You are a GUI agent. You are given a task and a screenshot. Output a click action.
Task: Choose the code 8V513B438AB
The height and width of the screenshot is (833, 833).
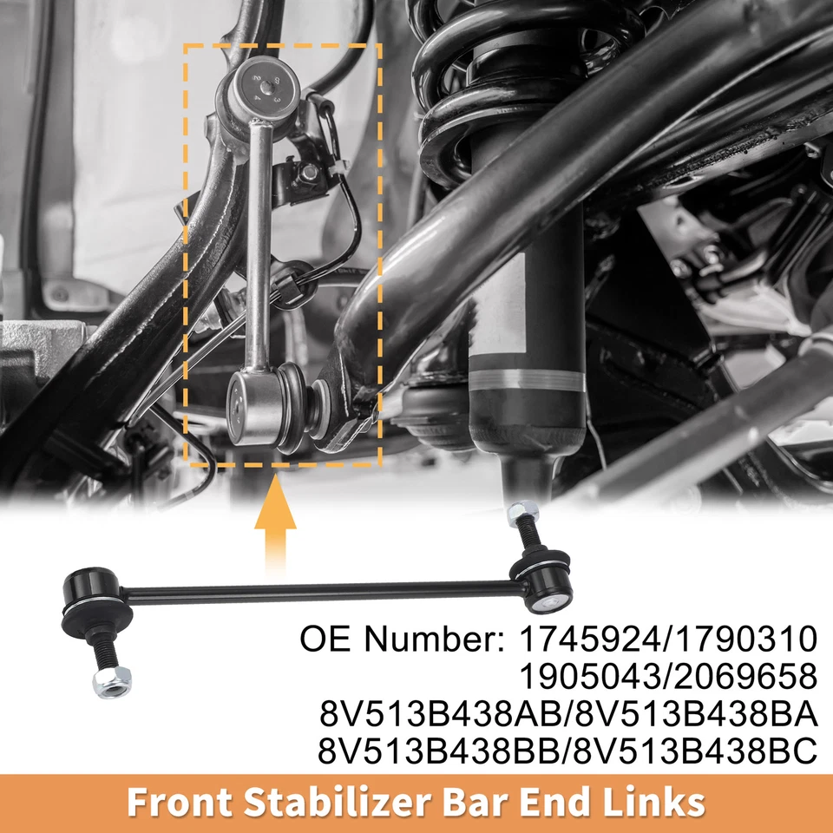[440, 714]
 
